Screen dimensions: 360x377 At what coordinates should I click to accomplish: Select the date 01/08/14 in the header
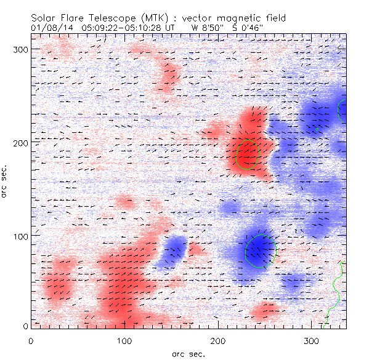tap(49, 27)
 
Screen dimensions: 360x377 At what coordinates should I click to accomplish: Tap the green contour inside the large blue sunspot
tap(261, 251)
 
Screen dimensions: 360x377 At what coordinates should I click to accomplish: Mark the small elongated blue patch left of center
tap(171, 251)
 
